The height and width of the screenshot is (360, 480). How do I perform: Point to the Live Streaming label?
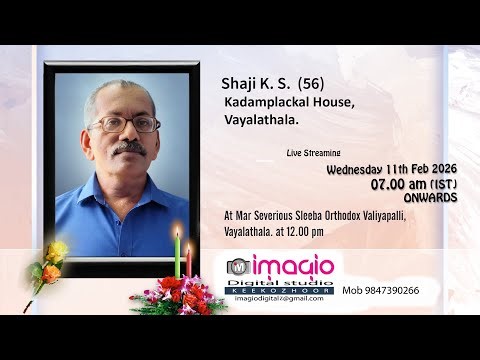[x=313, y=154]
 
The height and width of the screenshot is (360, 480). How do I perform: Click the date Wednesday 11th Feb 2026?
[x=392, y=170]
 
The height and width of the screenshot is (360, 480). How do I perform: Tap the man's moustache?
[x=129, y=147]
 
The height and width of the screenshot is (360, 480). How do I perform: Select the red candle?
[x=188, y=262]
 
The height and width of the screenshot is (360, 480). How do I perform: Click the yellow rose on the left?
[x=56, y=250]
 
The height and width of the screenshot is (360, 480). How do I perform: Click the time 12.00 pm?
[x=318, y=232]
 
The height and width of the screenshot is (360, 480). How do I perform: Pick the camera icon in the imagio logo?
[x=238, y=267]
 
